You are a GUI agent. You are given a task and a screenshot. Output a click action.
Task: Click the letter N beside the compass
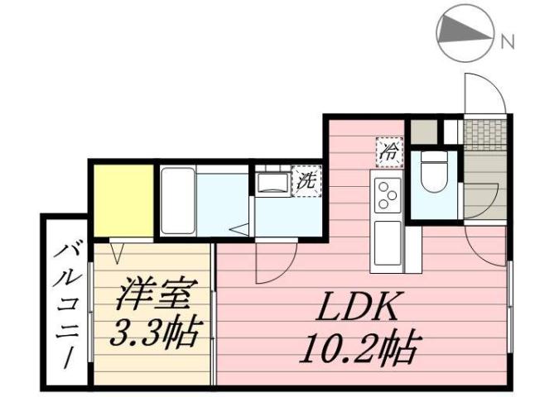point(507,38)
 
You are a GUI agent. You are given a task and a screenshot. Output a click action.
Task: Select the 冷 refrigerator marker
point(388,151)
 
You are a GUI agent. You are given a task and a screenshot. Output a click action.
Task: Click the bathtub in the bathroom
point(176,200)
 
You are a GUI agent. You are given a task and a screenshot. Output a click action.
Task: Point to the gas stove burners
point(387,195)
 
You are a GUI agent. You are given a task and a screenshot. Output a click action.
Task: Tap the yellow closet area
point(123,200)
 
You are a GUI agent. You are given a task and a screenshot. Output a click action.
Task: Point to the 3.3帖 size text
point(156,332)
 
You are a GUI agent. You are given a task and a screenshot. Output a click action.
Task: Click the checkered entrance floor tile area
point(485,134)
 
